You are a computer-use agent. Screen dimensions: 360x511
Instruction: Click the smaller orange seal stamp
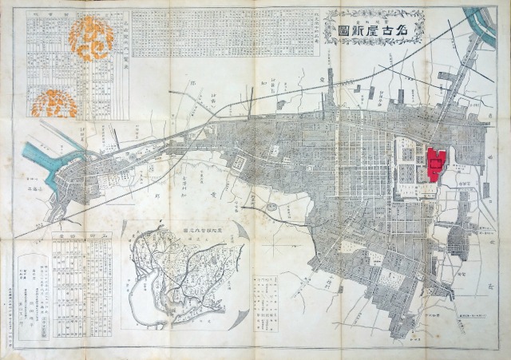coord(56,103)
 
